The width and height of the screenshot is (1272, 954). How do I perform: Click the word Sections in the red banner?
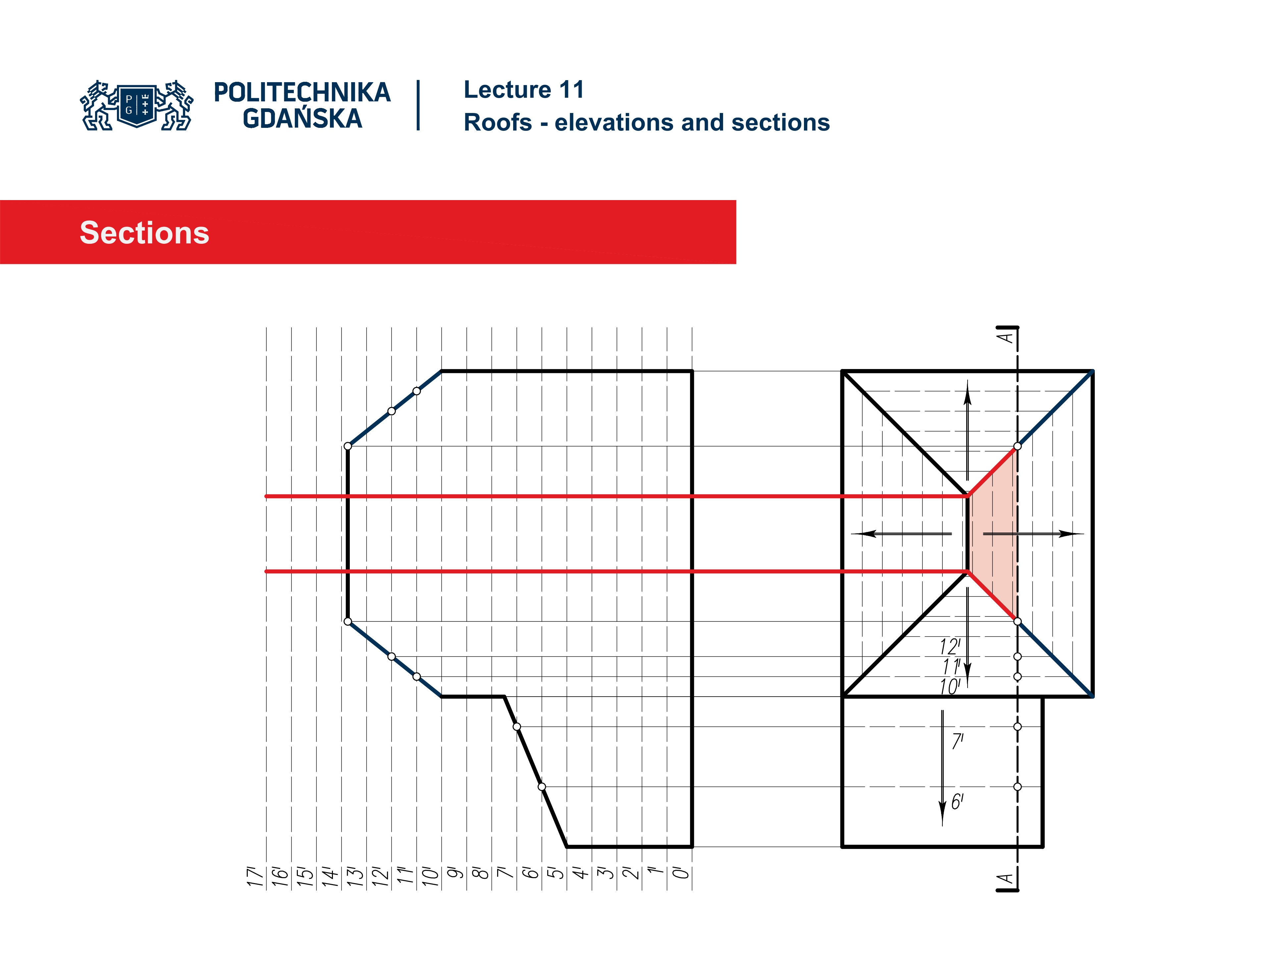(x=144, y=233)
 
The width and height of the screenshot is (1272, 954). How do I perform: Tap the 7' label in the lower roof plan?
(x=957, y=741)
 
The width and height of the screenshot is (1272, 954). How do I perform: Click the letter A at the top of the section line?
(x=1005, y=337)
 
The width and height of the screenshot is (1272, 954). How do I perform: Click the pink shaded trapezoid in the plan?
(x=994, y=534)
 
